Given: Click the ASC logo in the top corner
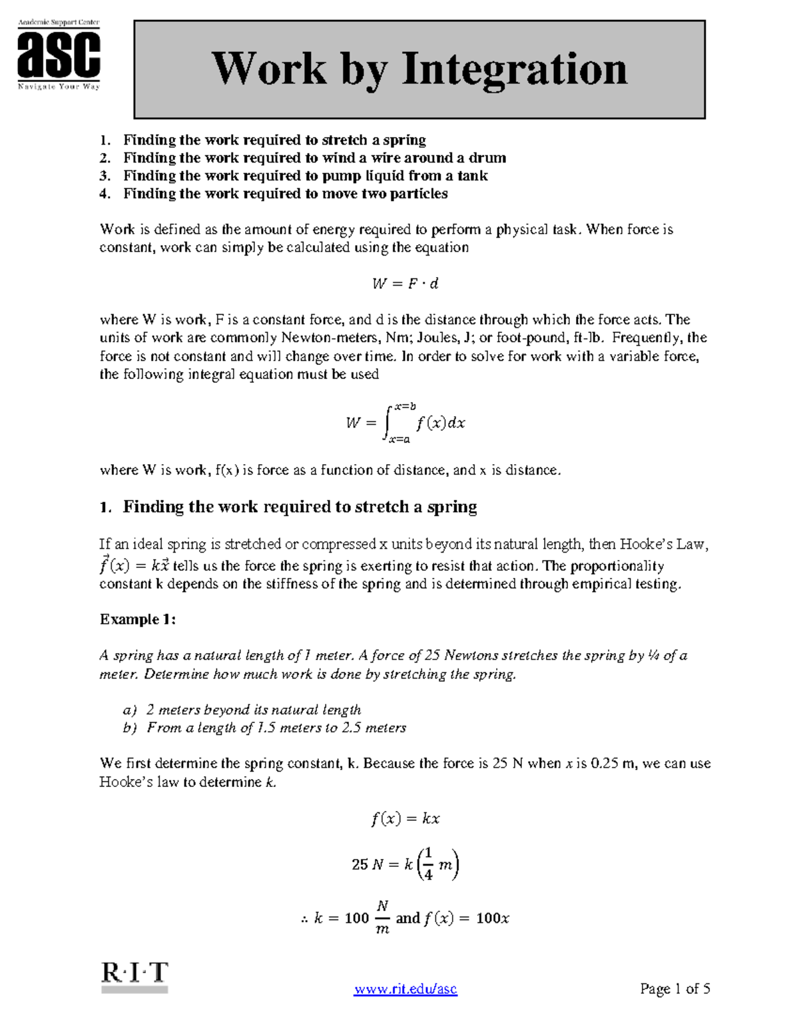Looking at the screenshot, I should pos(59,55).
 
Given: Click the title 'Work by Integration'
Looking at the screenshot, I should pos(419,69).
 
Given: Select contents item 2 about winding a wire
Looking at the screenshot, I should pos(314,158).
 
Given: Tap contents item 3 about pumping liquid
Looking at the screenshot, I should pos(305,176).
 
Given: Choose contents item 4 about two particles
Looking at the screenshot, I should pos(285,194).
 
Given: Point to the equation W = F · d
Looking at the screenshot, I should pos(405,284).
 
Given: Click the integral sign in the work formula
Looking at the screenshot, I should pos(388,422).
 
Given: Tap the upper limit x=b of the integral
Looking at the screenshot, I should pos(404,406).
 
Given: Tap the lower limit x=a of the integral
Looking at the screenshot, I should pos(400,439).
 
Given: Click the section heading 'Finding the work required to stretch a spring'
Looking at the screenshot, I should pos(300,507).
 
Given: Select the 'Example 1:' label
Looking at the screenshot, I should pos(138,619).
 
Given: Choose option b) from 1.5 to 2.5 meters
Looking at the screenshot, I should pos(265,728).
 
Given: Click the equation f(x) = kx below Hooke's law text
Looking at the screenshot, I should pos(405,818).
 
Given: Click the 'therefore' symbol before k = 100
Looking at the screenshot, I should pos(304,919).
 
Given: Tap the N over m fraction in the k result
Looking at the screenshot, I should pos(382,917).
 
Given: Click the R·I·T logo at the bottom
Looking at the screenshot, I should pos(134,977).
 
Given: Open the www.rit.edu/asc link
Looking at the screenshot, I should pos(405,989).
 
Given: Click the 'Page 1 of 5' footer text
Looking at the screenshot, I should pos(674,989).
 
